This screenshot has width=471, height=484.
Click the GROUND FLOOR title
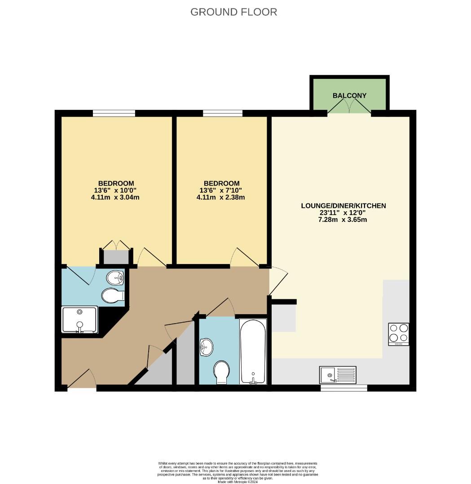point(233,12)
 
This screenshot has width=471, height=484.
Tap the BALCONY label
point(349,95)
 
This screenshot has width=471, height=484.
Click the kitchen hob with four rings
point(398,334)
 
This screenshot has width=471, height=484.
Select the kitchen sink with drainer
point(338,375)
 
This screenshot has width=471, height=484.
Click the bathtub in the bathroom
point(253,351)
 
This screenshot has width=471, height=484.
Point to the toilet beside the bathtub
point(221,372)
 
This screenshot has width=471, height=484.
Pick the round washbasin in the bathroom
point(207,347)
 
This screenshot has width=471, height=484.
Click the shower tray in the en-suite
point(79,320)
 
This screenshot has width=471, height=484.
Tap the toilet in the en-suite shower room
point(112,296)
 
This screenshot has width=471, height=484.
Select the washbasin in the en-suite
point(115,278)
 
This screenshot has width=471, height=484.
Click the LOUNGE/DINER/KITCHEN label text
point(343,206)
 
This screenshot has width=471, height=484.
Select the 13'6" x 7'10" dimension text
point(221,190)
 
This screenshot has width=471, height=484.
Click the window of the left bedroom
point(114,113)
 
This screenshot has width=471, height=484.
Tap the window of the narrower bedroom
point(223,113)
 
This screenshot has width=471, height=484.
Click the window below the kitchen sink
point(343,388)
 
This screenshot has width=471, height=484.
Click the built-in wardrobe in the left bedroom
point(116,257)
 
